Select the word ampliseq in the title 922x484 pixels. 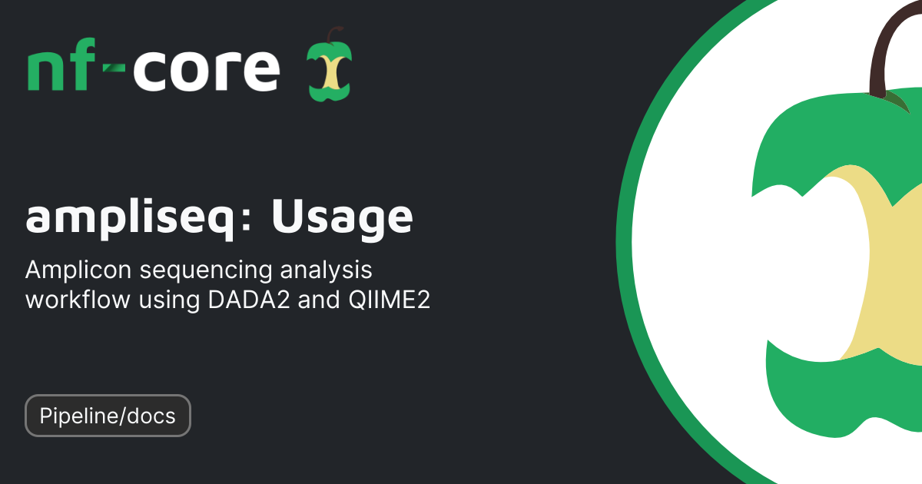(128, 218)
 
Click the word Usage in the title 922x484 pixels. (342, 218)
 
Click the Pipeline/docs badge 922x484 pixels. (108, 416)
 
